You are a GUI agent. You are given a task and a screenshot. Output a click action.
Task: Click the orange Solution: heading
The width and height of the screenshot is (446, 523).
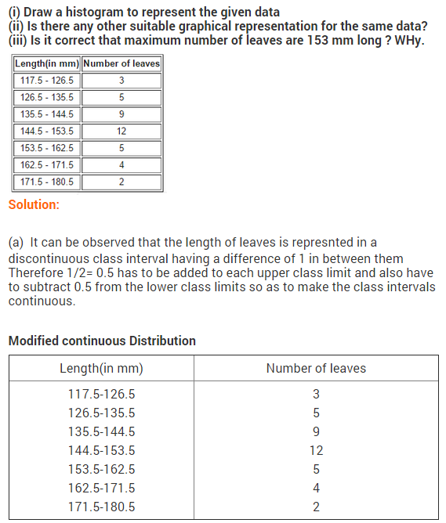coord(33,205)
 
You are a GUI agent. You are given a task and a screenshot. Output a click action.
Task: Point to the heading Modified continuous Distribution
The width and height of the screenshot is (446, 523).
coord(102,341)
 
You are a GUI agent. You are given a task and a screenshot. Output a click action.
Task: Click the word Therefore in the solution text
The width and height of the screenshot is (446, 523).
coord(34,272)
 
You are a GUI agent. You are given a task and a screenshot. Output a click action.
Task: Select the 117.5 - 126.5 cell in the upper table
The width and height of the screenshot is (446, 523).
coord(47,81)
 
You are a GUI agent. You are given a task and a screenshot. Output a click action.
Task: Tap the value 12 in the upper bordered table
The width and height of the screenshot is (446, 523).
coord(121,132)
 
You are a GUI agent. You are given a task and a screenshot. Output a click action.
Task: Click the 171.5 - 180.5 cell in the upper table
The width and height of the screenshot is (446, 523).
coord(47,182)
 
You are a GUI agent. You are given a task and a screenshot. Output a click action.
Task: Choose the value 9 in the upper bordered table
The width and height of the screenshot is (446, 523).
coord(121,114)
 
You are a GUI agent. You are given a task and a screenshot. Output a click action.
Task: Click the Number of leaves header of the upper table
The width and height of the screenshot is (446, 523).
coord(121,63)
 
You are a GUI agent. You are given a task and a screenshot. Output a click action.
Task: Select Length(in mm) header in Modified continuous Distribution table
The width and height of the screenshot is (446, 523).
coord(101,368)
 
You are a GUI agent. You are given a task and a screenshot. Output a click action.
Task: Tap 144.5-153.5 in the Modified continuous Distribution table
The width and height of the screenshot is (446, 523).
coord(101,450)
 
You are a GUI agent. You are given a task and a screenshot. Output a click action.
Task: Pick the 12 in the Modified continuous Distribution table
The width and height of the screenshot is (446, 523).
coord(316,450)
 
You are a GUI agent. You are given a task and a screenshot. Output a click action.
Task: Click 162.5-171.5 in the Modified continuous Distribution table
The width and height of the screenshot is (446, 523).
coord(101,488)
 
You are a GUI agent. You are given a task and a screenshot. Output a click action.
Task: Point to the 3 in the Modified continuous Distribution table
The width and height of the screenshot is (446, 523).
coord(316,394)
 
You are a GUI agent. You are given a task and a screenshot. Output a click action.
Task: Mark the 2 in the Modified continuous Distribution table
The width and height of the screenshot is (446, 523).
coord(316,507)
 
